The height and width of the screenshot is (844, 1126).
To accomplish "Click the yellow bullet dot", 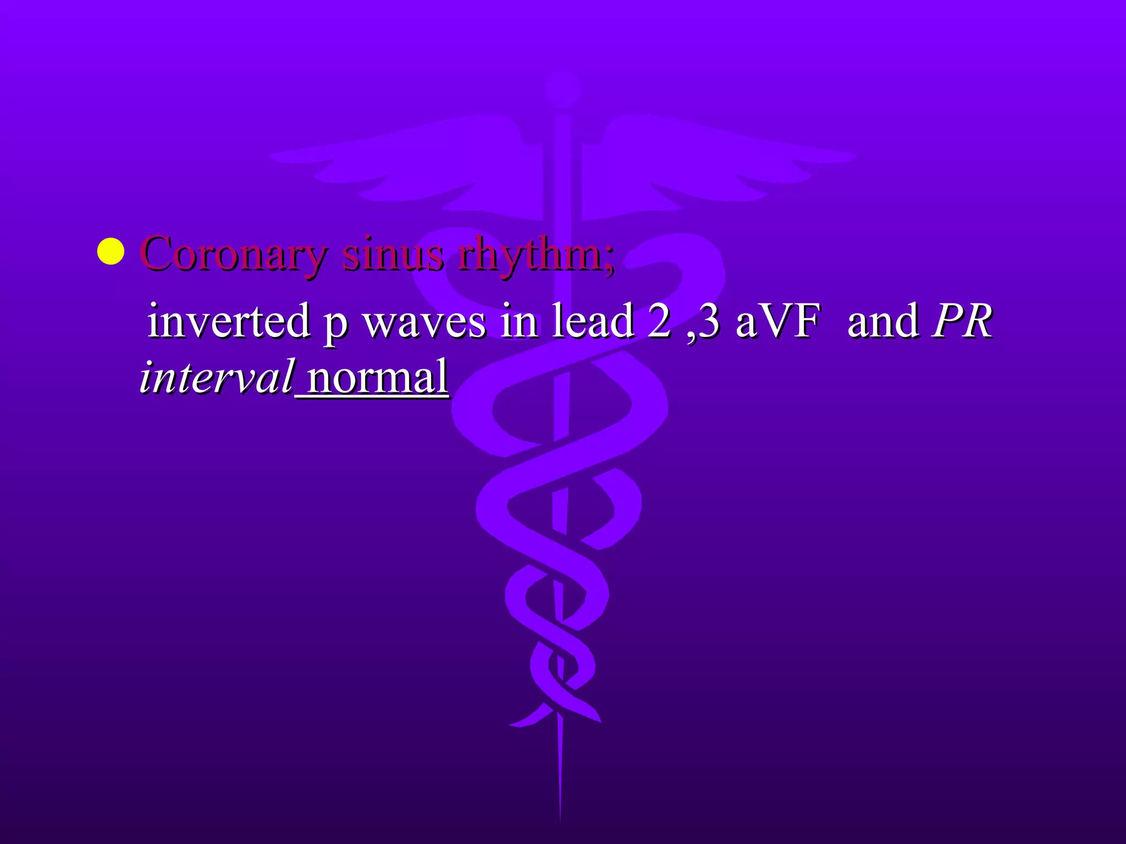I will coord(111,252).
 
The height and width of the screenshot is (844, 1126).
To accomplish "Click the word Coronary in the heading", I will coord(234,254).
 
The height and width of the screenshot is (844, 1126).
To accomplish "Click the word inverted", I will coord(229,321).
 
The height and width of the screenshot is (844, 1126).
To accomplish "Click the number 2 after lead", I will coord(659,321).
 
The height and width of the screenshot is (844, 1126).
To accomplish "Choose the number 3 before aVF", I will coord(709,321).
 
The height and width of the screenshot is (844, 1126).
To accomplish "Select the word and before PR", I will coord(882,321).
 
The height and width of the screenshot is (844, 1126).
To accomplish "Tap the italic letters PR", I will coord(962,321).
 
